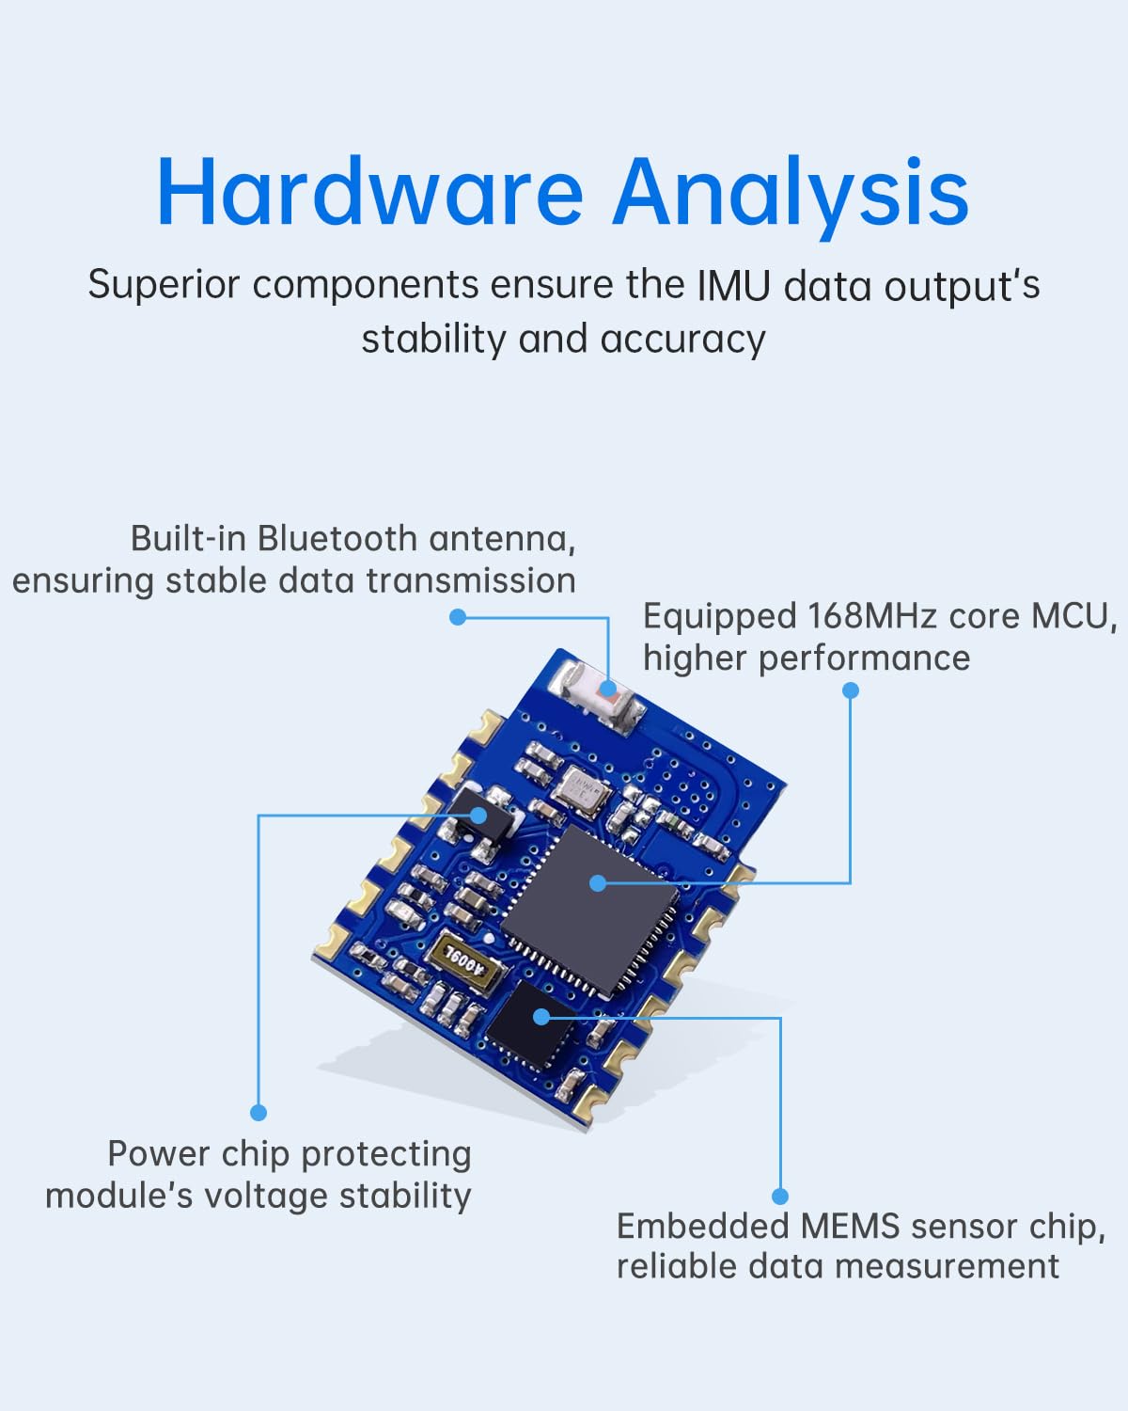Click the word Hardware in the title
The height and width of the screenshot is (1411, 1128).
click(369, 191)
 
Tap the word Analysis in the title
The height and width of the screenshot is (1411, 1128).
click(791, 197)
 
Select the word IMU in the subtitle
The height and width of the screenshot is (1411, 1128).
click(733, 286)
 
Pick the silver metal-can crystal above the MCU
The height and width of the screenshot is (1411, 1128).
click(581, 791)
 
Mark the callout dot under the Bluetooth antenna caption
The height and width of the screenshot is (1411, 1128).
click(458, 617)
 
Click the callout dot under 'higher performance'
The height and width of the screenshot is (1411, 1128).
click(850, 690)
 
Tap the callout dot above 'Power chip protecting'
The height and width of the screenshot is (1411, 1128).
click(258, 1113)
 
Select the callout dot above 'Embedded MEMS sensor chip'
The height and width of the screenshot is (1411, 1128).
click(780, 1197)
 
